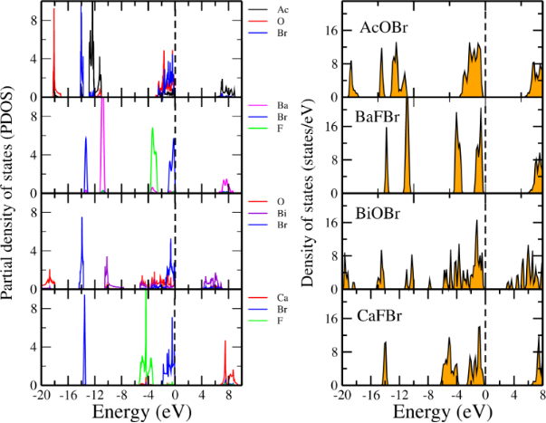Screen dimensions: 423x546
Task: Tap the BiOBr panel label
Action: pyautogui.click(x=381, y=218)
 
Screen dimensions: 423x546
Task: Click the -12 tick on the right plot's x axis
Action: pyautogui.click(x=399, y=396)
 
